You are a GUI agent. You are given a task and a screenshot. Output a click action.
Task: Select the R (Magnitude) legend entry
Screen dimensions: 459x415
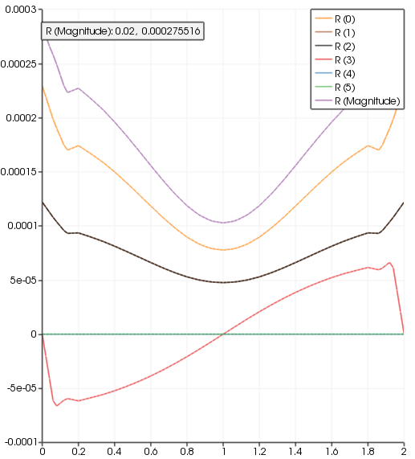367,102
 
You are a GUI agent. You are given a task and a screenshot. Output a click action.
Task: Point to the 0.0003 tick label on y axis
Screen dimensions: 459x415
22,10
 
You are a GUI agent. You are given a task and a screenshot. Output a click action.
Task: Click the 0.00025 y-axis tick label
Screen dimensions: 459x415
19,64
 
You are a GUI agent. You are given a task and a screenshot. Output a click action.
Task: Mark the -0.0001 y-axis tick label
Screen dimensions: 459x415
20,442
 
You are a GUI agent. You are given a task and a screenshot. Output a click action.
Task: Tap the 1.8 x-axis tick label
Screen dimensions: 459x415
368,452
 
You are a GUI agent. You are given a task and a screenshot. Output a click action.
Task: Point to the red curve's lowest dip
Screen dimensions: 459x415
57,405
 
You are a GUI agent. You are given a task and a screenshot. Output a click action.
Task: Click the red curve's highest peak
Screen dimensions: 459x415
389,262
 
